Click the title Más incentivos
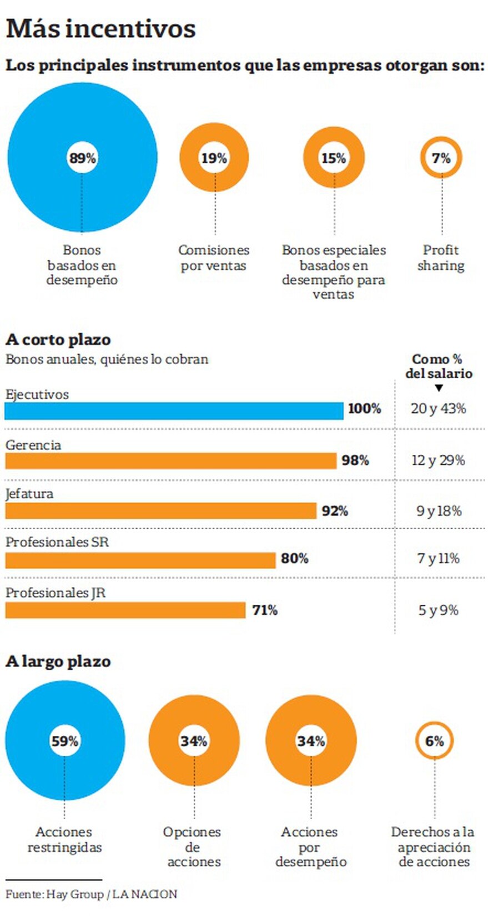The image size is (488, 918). coord(100,29)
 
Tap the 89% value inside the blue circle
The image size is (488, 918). coord(82,158)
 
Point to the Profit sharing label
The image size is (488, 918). coord(441,258)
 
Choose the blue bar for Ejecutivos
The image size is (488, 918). coord(174,411)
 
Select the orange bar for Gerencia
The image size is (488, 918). coord(170,461)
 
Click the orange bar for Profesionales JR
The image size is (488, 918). coord(125,610)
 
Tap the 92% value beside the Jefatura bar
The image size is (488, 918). coord(335,511)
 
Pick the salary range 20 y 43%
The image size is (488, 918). coord(438,409)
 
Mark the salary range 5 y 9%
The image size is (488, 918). coord(438,610)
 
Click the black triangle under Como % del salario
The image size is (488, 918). coord(439,388)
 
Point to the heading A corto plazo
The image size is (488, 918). coord(58,339)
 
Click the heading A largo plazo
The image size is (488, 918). coord(58,661)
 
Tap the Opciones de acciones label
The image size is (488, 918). coord(193,847)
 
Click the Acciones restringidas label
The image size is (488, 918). coord(64,840)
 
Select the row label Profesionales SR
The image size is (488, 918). coord(57,542)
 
